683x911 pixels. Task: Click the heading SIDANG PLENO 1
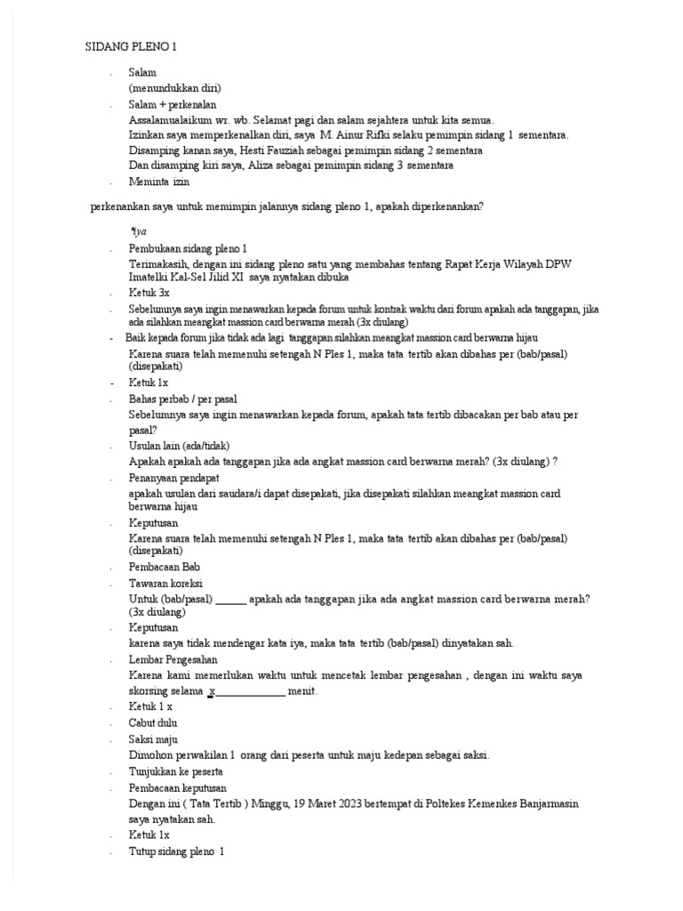tap(137, 46)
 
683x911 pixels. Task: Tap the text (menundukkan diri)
tap(174, 88)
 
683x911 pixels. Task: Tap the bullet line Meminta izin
tap(159, 181)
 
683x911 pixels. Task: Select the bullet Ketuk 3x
tap(149, 293)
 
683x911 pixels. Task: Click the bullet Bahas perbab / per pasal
tap(182, 399)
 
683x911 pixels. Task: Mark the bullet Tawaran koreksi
tap(166, 583)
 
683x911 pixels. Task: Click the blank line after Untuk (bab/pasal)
tap(231, 599)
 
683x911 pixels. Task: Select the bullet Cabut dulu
tap(154, 722)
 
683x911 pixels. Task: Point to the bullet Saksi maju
tap(154, 739)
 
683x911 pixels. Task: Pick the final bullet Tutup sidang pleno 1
tap(177, 851)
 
